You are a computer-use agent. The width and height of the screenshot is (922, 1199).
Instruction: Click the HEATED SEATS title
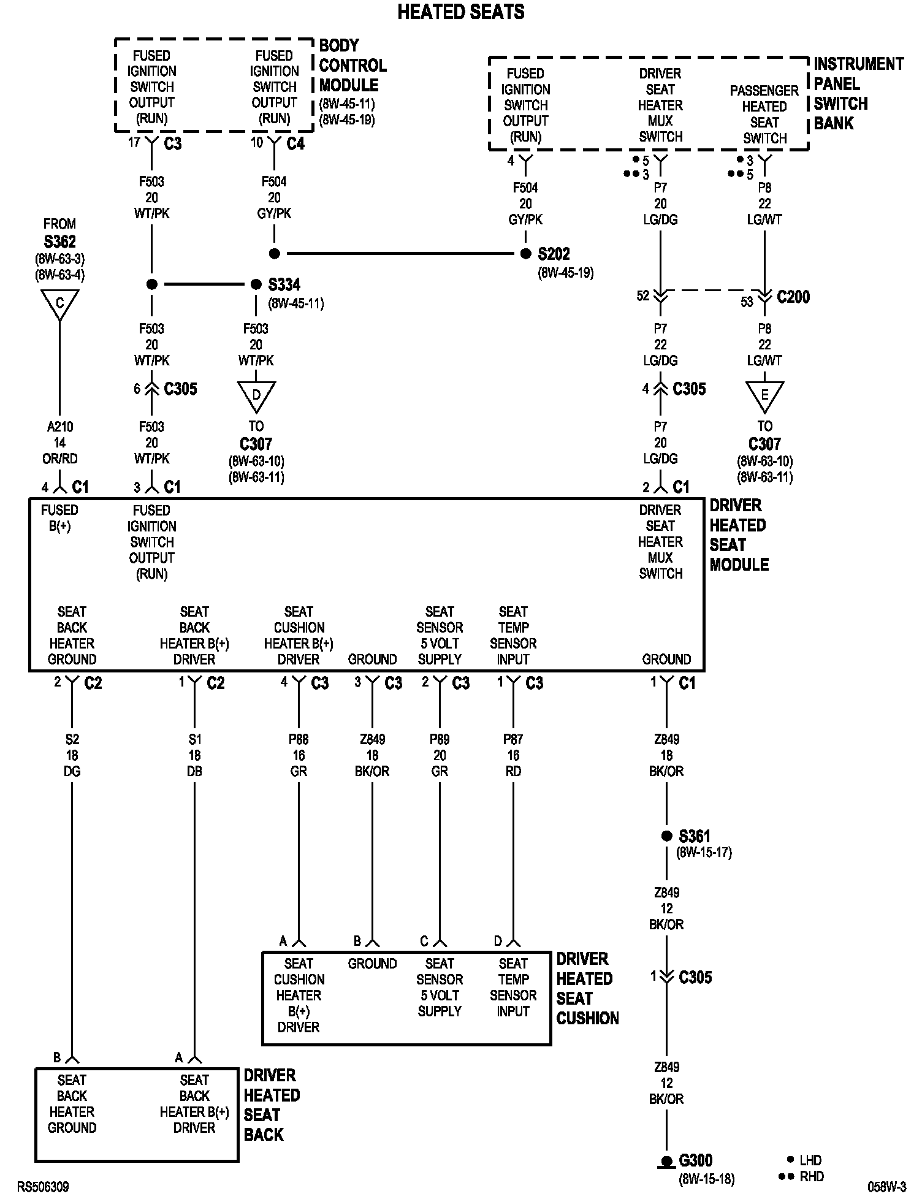point(461,12)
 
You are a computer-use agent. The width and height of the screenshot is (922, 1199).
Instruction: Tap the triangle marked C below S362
point(59,303)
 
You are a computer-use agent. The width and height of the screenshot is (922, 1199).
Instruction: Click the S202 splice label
point(554,254)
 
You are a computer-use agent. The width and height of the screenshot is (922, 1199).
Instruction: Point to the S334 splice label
point(284,284)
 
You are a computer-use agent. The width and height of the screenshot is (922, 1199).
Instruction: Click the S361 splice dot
point(666,836)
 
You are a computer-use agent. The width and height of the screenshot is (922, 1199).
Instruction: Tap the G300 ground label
point(696,1160)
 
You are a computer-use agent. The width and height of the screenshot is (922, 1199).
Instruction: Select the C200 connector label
point(793,297)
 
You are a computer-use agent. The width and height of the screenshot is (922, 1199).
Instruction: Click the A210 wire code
point(59,427)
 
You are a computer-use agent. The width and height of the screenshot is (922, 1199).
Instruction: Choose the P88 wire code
point(299,740)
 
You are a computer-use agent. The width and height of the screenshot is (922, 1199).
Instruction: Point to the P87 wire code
point(513,740)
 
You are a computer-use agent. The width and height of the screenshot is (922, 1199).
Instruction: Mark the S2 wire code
point(72,740)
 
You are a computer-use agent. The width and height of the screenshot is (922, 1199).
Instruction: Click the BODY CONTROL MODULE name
point(352,65)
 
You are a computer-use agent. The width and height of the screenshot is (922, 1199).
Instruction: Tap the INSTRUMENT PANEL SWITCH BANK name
point(858,93)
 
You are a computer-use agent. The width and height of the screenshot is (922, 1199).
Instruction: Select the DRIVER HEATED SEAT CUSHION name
point(587,989)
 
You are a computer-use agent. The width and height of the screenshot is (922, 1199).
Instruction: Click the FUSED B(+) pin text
point(59,518)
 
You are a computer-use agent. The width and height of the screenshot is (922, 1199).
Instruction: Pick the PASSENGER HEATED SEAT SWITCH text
point(764,115)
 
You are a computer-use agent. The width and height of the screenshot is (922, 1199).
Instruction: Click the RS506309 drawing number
point(43,1187)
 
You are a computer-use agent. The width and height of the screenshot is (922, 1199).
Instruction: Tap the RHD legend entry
point(811,1176)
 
